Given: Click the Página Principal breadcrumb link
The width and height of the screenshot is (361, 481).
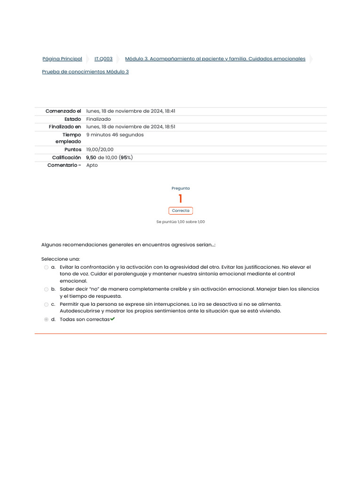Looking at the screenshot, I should click(x=62, y=59).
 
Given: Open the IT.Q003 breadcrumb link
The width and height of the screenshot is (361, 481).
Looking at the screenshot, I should click(x=103, y=59).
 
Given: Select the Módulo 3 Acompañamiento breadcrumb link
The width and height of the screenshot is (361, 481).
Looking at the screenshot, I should click(x=215, y=59).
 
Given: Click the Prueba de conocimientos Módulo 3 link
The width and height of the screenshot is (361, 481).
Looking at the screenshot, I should click(x=85, y=72).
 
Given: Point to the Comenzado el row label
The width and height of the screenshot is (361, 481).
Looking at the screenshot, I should click(x=63, y=111).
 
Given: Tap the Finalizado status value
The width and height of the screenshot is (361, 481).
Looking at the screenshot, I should click(x=98, y=119).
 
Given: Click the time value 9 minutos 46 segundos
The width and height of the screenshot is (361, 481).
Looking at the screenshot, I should click(x=115, y=135).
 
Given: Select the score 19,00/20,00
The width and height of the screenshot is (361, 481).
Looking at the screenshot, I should click(x=100, y=150).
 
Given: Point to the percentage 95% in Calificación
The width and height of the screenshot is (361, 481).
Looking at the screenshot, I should click(x=126, y=158).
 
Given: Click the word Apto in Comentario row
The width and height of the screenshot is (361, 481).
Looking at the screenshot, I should click(x=92, y=165).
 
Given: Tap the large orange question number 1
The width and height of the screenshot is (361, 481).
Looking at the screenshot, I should click(x=180, y=199).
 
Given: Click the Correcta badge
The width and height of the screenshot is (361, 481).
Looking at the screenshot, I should click(x=180, y=211).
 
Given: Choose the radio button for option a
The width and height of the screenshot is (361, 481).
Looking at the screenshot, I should click(x=46, y=267).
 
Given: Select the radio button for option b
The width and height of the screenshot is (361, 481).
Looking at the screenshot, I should click(x=46, y=289).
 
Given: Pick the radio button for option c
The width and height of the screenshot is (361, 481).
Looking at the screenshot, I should click(x=46, y=304).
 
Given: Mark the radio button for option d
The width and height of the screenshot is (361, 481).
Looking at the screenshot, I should click(x=46, y=319).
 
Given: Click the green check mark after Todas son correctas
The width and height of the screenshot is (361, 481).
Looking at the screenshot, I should click(x=113, y=319).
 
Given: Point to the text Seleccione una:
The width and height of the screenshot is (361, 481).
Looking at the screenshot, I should click(x=61, y=259).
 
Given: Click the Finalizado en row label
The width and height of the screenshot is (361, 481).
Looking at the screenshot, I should click(x=65, y=127).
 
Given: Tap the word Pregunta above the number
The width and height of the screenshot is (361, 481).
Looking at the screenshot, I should click(x=180, y=188).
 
